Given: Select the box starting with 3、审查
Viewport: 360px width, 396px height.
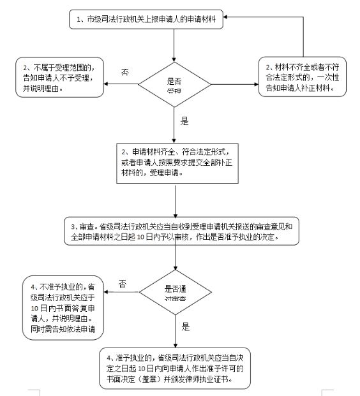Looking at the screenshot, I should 184,231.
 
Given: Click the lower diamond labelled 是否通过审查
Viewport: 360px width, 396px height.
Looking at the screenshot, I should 175,293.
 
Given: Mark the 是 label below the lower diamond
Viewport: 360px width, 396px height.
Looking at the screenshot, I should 186,326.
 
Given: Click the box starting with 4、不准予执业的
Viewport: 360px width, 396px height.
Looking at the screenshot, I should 62,307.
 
